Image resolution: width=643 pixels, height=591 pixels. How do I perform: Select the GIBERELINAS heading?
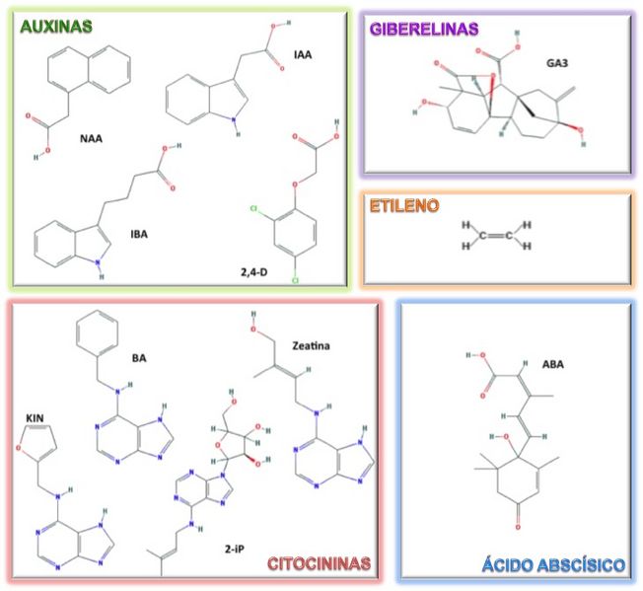coord(424,29)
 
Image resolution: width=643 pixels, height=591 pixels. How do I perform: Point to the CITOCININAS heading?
coord(319,563)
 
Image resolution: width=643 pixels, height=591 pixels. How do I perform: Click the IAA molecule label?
coord(303,54)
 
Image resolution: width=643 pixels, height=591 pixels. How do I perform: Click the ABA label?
coord(581,364)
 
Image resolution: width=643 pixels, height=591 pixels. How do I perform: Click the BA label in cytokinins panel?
coord(143,361)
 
